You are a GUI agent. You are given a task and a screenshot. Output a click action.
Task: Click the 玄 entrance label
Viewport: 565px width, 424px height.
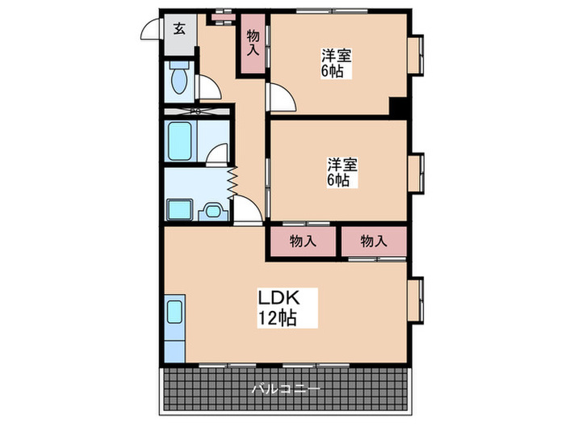[178, 29]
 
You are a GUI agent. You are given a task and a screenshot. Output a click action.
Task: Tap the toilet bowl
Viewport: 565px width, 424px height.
[180, 80]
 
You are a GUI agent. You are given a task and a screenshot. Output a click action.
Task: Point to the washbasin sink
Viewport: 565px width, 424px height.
[212, 211]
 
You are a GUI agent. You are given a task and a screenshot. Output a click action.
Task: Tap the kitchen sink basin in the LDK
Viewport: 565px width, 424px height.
[175, 311]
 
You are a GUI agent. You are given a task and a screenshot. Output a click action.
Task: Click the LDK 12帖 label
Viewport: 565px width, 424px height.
[277, 307]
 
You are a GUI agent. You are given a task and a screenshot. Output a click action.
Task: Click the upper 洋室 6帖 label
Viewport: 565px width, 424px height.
[333, 63]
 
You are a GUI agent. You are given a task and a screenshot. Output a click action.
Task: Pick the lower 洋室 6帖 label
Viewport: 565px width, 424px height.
[342, 171]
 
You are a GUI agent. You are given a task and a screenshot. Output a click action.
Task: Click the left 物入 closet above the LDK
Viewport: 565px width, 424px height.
[302, 241]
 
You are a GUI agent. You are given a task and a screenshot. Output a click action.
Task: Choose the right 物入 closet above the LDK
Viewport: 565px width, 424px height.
[372, 241]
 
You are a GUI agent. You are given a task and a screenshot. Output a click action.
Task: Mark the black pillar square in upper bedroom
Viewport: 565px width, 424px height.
[398, 106]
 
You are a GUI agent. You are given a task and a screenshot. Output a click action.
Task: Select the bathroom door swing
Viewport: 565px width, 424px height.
[216, 155]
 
